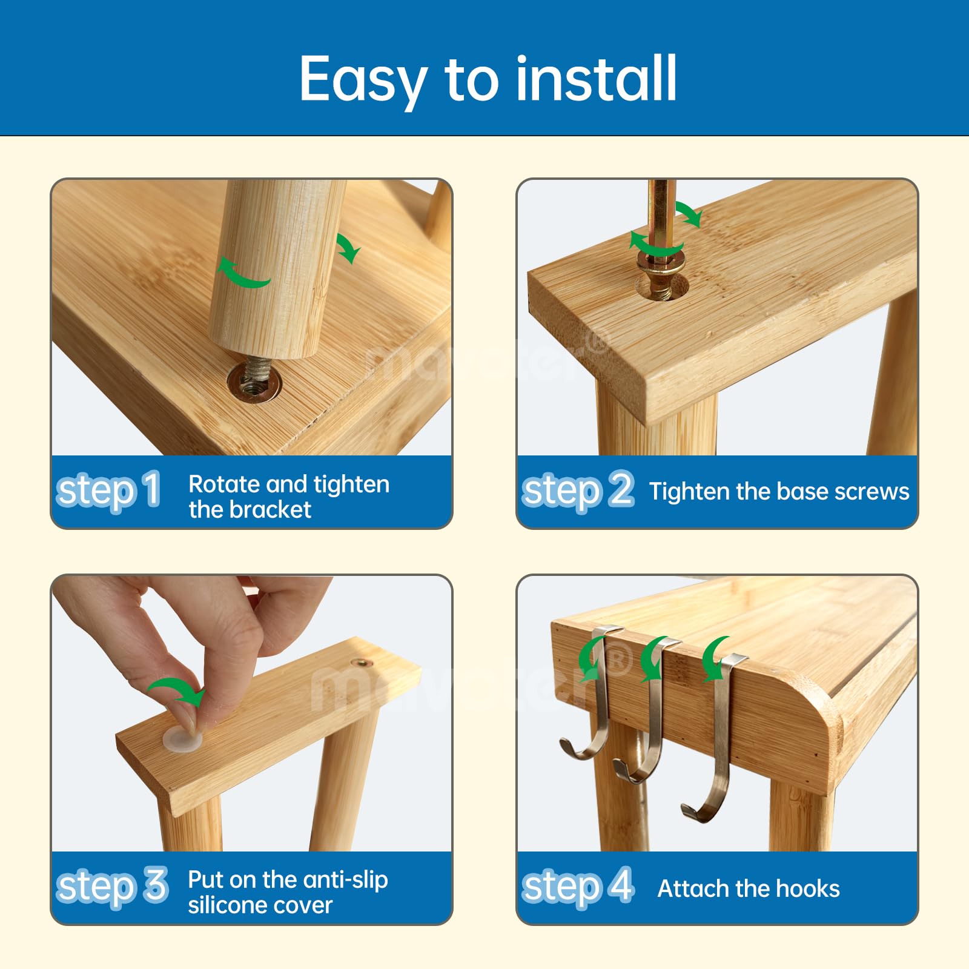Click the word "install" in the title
click(x=596, y=79)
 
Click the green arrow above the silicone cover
click(x=177, y=690)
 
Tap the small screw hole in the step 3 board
click(x=362, y=663)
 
